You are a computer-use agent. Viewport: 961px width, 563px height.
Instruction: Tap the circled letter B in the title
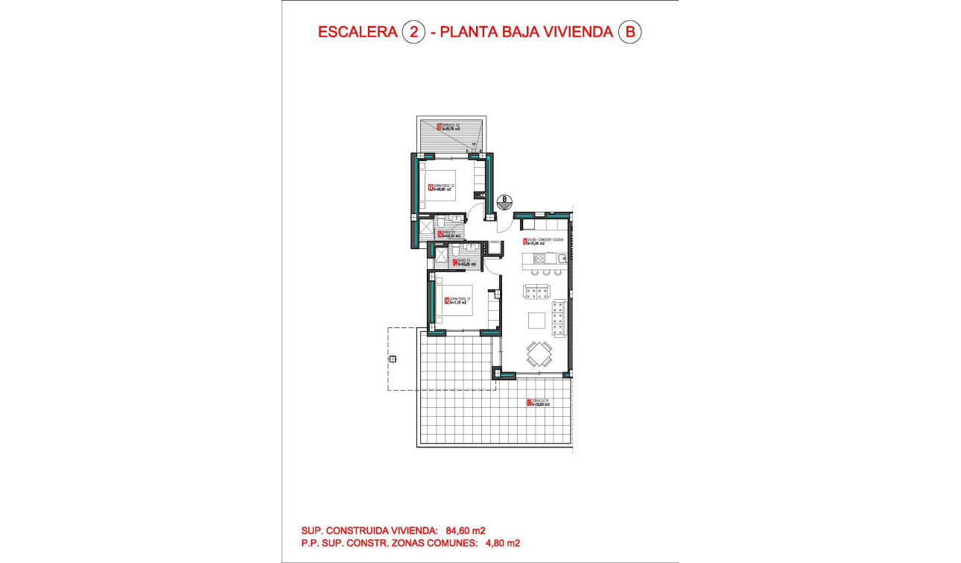[x=630, y=32]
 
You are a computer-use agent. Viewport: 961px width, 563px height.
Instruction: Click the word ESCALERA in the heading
[x=356, y=32]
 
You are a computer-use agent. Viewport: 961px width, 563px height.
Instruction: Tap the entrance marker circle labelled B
[x=505, y=199]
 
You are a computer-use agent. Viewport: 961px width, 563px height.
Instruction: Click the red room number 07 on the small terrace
[x=439, y=128]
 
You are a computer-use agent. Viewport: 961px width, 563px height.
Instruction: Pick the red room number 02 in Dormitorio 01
[x=446, y=302]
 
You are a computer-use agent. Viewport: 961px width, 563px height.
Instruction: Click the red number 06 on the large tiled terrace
[x=529, y=403]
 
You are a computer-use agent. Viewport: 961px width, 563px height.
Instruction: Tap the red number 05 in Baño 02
[x=440, y=233]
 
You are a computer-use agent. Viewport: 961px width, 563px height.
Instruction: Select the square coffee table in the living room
[x=536, y=320]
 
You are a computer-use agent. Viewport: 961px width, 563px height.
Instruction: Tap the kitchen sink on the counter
[x=562, y=258]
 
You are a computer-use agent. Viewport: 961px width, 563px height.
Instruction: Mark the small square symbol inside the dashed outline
[x=393, y=359]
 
